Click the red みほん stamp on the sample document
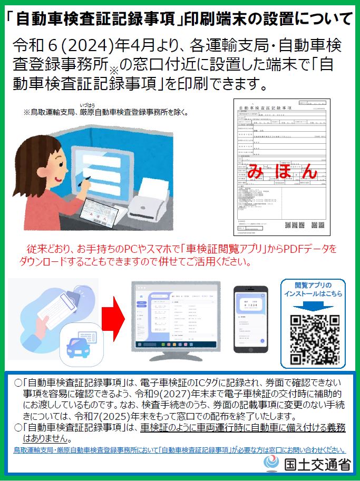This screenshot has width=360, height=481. pyautogui.click(x=282, y=171)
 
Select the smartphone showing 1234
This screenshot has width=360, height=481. pyautogui.click(x=250, y=320)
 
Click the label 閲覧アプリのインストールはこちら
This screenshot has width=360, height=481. pyautogui.click(x=313, y=289)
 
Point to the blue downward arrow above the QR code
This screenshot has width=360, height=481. pyautogui.click(x=313, y=306)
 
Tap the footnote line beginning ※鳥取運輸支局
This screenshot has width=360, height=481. pyautogui.click(x=105, y=112)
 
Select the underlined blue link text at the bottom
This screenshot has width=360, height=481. pyautogui.click(x=179, y=450)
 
